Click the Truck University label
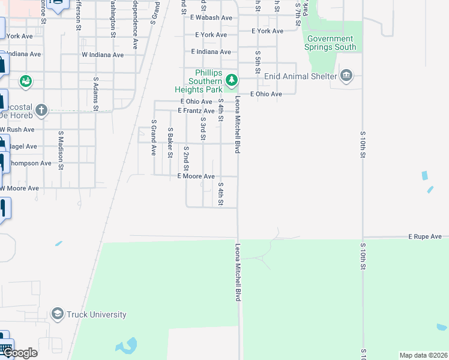click(x=96, y=314)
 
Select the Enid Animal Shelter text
click(x=301, y=76)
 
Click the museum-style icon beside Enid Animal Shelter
click(x=346, y=76)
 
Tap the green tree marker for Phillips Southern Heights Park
click(x=231, y=80)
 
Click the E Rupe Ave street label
click(x=425, y=237)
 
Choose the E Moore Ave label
click(x=196, y=176)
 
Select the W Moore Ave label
click(x=20, y=188)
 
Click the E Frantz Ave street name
click(x=196, y=111)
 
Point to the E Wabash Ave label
click(x=211, y=18)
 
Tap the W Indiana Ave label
click(x=103, y=55)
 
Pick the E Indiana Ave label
click(x=211, y=52)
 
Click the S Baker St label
click(x=170, y=142)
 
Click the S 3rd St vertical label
click(x=203, y=128)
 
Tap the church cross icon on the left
click(x=41, y=110)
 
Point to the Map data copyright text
click(x=423, y=355)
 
